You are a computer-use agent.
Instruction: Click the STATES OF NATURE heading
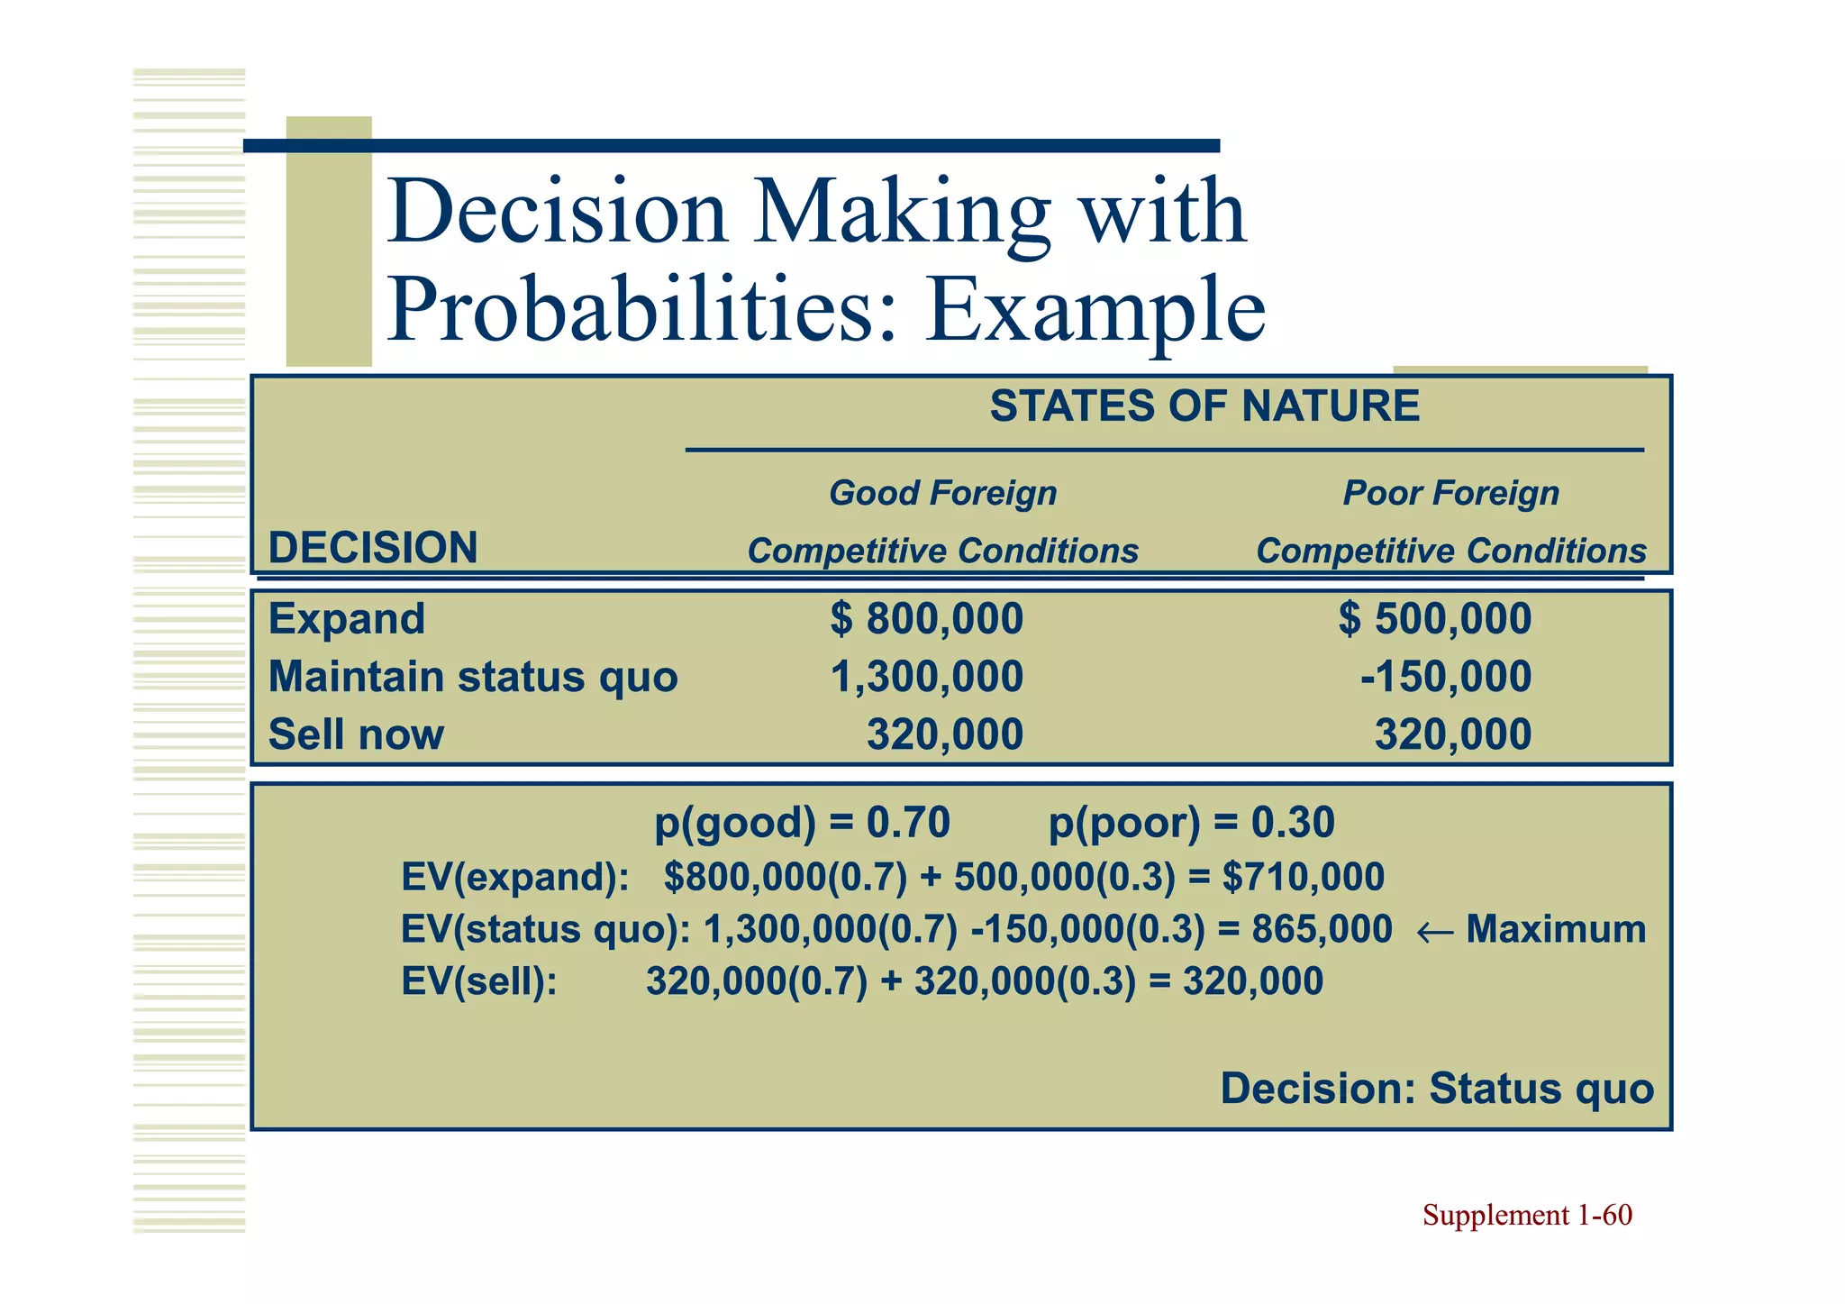pos(1204,406)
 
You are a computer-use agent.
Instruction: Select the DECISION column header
pos(373,548)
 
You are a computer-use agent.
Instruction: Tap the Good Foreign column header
pos(942,494)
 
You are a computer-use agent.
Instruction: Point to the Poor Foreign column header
pos(1450,494)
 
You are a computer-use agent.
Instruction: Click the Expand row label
pos(347,619)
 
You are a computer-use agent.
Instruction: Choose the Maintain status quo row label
pos(473,677)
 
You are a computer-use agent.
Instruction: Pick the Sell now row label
pos(356,734)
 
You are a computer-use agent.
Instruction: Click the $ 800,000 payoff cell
pos(926,619)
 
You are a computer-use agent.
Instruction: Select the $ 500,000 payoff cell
pos(1434,619)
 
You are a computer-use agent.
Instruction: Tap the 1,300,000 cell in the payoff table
pos(926,677)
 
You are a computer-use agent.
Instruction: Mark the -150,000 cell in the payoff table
pos(1445,677)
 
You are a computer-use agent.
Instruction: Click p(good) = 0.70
pos(802,823)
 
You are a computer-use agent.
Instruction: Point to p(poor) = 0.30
pos(1191,823)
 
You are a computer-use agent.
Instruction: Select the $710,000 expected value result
pos(1303,878)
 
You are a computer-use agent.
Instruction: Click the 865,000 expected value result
pos(1322,930)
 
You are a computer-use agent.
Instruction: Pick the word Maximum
pos(1556,930)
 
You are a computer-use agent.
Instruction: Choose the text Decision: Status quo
pos(1437,1089)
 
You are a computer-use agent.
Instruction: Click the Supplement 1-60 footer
pos(1527,1216)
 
